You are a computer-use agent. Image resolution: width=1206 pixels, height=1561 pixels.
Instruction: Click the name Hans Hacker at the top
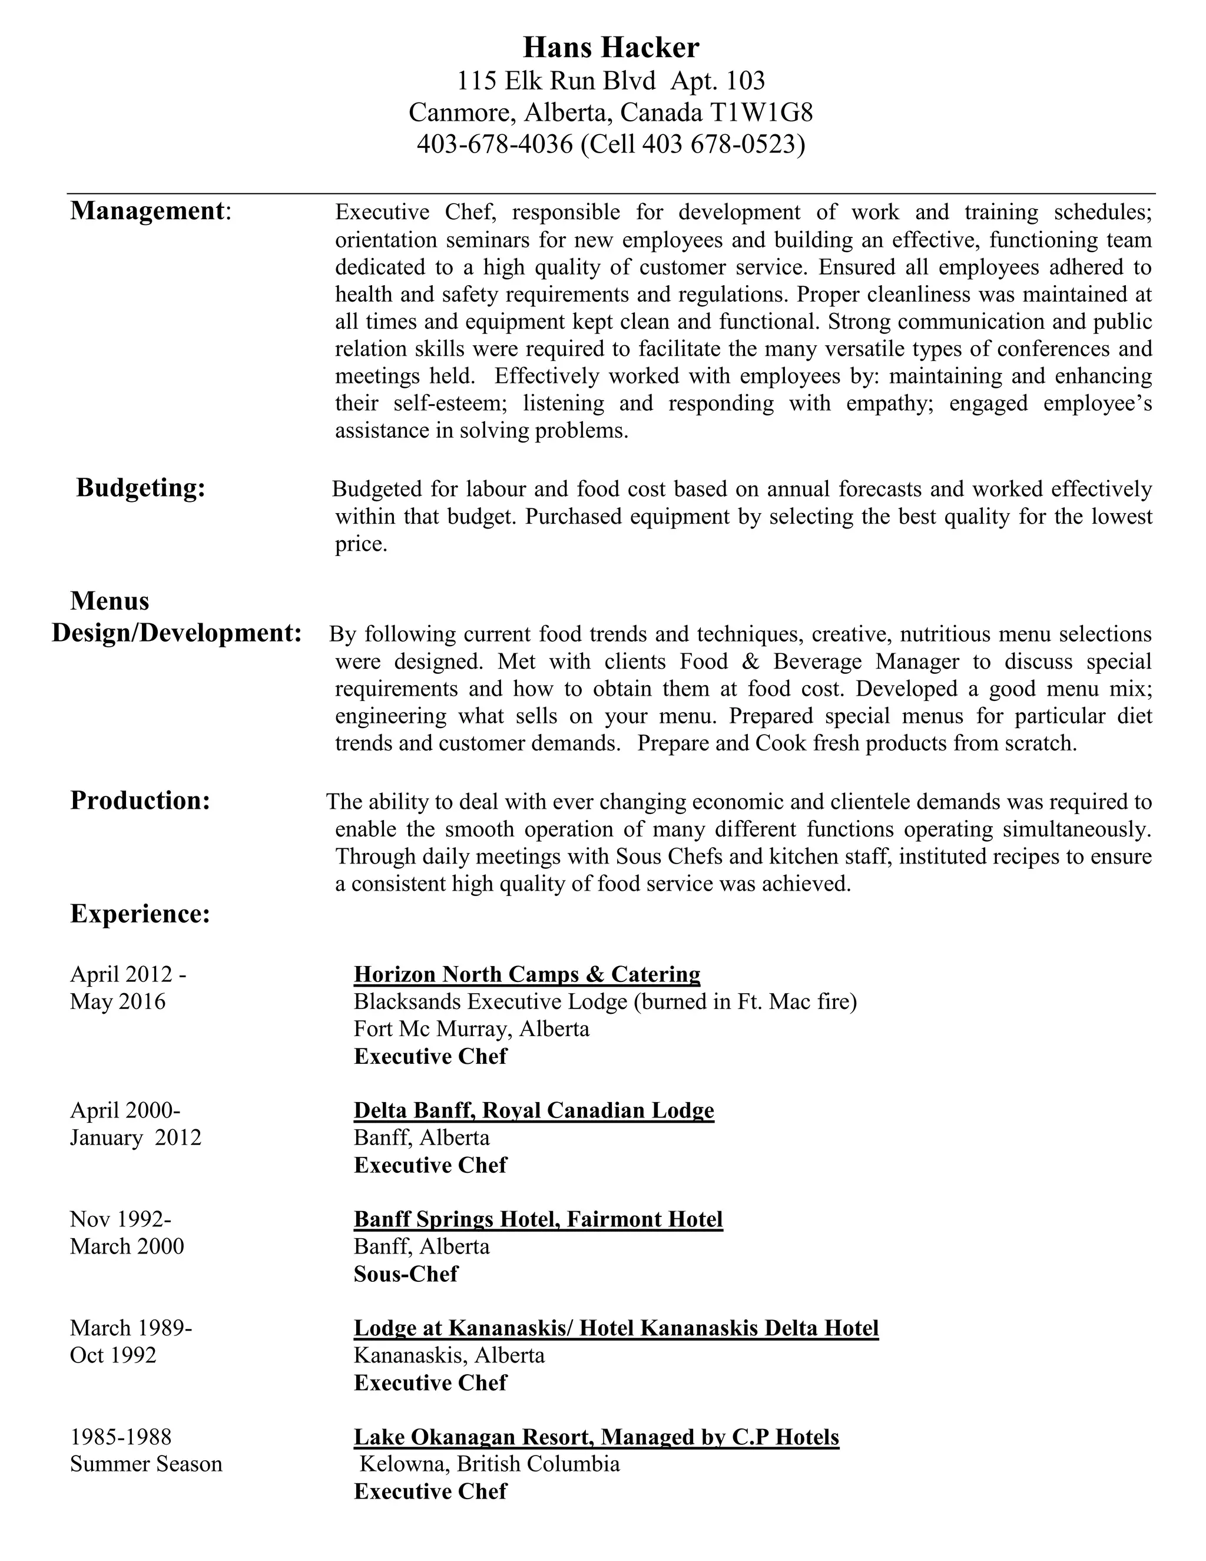(611, 48)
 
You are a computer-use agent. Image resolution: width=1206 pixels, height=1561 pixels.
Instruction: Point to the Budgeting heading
(141, 488)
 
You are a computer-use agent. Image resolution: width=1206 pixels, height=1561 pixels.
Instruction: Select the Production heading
(140, 801)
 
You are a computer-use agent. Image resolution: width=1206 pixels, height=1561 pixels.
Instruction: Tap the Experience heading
(140, 914)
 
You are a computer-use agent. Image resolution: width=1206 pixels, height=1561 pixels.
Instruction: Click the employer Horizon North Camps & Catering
(526, 974)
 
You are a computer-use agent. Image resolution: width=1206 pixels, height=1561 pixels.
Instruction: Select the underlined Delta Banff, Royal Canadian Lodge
(534, 1110)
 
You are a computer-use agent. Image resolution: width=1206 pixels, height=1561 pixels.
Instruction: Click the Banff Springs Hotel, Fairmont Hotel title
(538, 1219)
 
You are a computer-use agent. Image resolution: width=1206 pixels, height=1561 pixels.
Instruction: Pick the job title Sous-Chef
(405, 1274)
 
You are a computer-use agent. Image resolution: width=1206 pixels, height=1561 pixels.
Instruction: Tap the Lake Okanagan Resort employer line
(596, 1437)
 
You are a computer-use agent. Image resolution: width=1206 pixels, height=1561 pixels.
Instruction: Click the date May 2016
(117, 1001)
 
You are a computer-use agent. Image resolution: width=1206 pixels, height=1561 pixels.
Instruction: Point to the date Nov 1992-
(120, 1219)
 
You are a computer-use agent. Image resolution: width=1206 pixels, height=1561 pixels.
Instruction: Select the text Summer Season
(146, 1464)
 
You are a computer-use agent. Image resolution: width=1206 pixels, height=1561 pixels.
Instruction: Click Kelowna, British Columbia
(489, 1464)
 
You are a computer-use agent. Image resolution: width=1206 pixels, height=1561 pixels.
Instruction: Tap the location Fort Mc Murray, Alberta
(472, 1028)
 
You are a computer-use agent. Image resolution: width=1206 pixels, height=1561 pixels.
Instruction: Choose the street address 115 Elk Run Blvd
(556, 81)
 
